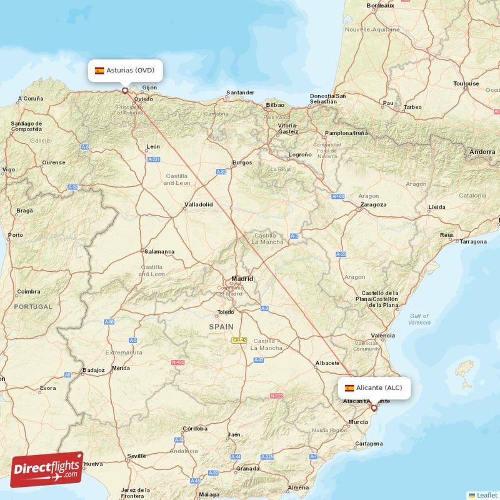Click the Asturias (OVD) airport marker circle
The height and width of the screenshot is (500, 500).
click(125, 91)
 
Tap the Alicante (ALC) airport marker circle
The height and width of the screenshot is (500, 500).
click(374, 407)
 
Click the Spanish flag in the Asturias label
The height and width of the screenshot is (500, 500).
click(99, 71)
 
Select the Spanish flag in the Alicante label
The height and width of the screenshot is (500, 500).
click(349, 388)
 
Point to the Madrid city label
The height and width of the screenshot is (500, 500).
click(242, 279)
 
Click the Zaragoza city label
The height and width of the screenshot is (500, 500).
click(373, 204)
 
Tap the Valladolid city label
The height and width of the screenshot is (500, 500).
click(198, 204)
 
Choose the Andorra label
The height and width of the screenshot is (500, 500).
click(482, 152)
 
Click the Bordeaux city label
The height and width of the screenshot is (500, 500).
click(380, 6)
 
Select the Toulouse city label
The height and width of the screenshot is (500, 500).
click(466, 83)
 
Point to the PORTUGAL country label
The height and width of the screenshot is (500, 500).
click(32, 307)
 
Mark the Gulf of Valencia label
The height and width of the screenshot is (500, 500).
click(419, 320)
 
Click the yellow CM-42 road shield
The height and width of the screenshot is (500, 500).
click(239, 339)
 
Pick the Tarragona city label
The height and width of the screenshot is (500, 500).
click(473, 241)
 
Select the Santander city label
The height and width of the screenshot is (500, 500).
click(240, 92)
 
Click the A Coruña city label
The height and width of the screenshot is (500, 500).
click(31, 99)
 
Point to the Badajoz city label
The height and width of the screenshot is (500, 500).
click(93, 370)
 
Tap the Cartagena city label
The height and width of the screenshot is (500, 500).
click(368, 444)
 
